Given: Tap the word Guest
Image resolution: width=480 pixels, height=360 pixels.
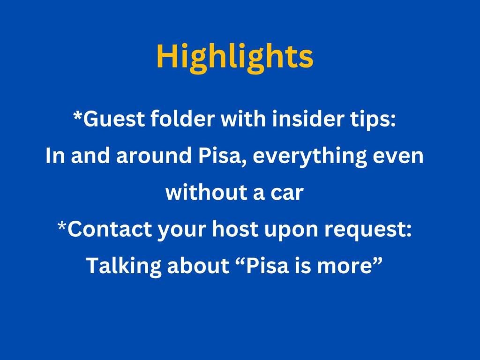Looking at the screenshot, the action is (114, 119).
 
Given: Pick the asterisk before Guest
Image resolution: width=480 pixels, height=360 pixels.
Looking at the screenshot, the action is (78, 116).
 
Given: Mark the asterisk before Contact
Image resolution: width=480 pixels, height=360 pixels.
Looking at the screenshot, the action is (62, 226).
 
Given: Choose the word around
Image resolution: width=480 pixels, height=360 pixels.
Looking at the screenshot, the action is (154, 155).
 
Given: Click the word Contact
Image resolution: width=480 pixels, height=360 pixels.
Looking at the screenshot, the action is (110, 228).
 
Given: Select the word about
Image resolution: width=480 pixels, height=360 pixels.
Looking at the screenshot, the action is (198, 265).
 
